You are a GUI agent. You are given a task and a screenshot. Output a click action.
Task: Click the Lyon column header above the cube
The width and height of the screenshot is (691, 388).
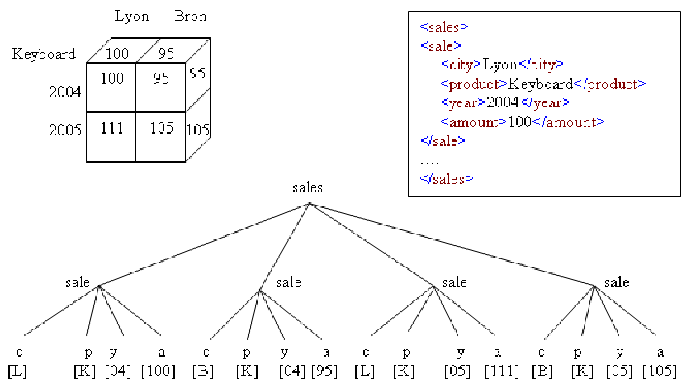(131, 17)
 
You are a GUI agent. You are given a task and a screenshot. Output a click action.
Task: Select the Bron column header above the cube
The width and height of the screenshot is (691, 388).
(191, 16)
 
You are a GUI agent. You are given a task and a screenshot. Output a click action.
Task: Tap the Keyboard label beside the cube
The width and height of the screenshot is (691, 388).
(43, 54)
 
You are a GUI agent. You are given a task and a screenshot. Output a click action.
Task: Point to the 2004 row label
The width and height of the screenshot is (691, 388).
(64, 92)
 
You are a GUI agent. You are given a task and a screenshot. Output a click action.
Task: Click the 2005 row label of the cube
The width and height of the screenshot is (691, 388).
(64, 130)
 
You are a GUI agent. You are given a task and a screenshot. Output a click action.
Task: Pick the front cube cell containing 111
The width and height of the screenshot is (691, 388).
(111, 137)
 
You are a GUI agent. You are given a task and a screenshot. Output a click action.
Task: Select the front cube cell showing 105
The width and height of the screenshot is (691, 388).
(161, 137)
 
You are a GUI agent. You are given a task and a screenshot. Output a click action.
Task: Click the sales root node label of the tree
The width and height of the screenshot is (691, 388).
(307, 188)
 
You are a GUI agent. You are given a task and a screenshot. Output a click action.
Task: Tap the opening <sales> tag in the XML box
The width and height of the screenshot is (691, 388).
(444, 27)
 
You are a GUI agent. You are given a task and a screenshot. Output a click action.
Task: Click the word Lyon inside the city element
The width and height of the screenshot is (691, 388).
(499, 65)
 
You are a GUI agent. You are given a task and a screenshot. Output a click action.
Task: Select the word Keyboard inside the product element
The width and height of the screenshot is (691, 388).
(540, 83)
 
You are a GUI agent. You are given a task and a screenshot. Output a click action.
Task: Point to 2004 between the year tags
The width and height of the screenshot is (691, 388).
(503, 102)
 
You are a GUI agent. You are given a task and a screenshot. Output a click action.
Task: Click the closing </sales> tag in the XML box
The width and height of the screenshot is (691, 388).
(447, 178)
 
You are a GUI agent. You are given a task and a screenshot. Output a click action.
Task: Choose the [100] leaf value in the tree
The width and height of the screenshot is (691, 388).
(159, 371)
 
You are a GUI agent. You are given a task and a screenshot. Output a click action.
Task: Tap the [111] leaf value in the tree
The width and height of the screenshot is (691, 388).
(501, 371)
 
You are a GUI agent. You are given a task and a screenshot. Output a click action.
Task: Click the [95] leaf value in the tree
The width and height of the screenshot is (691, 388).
(324, 371)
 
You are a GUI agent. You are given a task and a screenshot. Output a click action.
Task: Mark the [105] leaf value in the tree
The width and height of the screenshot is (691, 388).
(660, 371)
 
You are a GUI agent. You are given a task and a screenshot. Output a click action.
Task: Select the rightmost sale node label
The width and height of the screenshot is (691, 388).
(617, 282)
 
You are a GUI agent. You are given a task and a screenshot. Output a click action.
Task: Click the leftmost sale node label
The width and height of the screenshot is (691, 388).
(78, 282)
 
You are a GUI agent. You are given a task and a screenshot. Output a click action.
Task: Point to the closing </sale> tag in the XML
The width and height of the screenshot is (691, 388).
(443, 140)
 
